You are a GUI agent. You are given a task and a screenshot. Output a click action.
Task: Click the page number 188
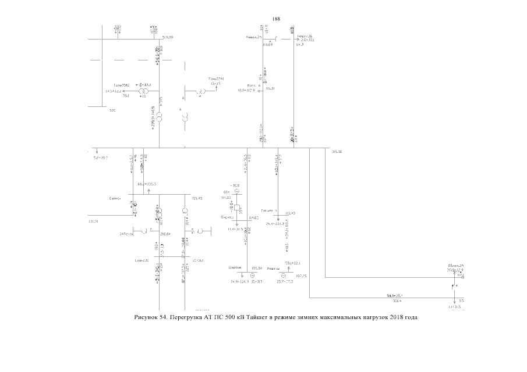coord(276,19)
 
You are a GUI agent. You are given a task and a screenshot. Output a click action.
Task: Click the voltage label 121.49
coord(197,199)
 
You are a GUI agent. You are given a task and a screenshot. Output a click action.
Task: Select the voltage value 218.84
coord(165,234)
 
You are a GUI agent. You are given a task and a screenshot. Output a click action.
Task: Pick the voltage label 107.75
coord(301,276)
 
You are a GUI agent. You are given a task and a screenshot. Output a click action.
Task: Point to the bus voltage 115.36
coord(336,152)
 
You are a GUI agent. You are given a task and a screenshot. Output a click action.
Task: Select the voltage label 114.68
coord(268,44)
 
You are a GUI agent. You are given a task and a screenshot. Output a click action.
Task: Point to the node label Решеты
coord(274,269)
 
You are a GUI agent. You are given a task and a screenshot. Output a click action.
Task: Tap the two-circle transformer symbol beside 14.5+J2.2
coord(142,91)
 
